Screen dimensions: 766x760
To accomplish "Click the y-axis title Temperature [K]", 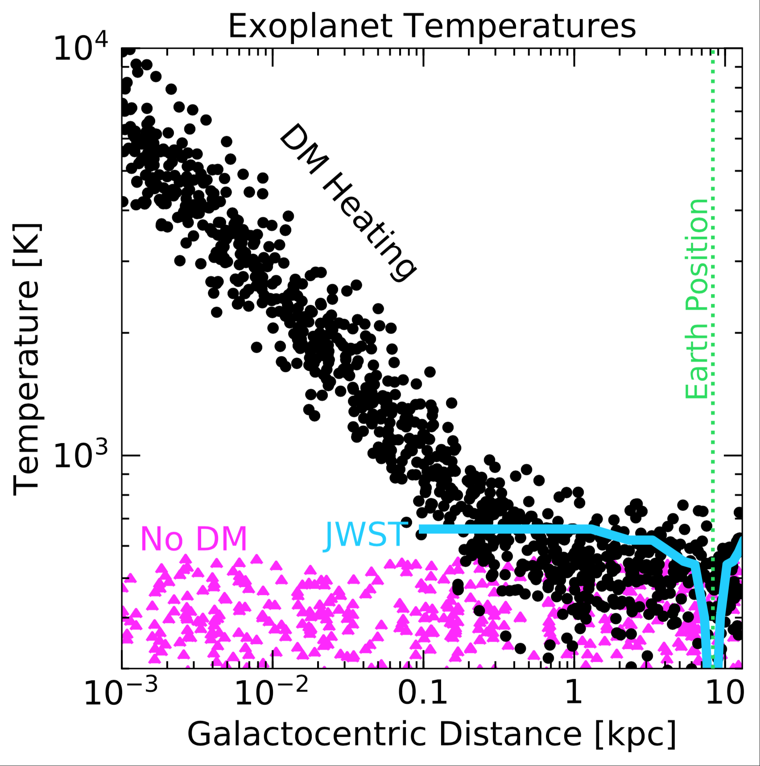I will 27,359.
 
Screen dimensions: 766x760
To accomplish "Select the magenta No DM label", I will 194,539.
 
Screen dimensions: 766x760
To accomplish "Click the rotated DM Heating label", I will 348,203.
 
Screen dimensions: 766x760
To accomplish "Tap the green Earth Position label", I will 697,299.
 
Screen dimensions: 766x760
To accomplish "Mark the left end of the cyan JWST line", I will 421,529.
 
